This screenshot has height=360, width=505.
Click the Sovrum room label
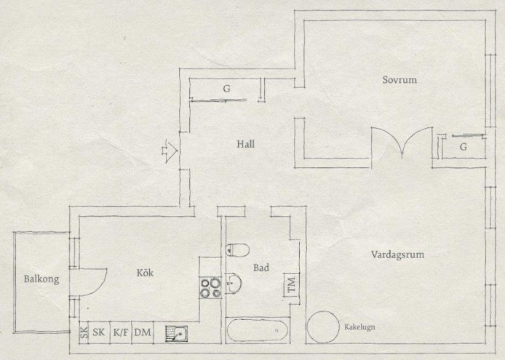(x=399, y=79)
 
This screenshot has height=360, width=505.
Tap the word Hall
(x=246, y=144)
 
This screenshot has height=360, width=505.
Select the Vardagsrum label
(x=397, y=255)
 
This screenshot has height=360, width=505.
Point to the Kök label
(x=145, y=273)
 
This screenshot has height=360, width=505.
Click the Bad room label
(x=261, y=268)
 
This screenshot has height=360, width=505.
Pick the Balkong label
(x=41, y=279)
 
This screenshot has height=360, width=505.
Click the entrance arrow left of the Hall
(x=170, y=151)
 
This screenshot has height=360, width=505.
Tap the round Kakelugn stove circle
(x=323, y=327)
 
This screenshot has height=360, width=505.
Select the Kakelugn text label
(x=359, y=327)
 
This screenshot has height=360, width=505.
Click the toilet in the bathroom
(x=237, y=250)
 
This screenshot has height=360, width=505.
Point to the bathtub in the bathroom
(x=258, y=330)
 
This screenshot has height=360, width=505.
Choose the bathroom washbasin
(x=233, y=284)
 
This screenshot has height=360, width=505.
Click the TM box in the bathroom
(x=292, y=284)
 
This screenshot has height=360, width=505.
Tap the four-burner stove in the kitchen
(x=210, y=287)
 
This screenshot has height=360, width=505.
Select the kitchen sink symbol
(x=177, y=333)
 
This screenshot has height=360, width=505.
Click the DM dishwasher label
(x=143, y=332)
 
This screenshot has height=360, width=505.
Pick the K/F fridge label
(x=121, y=332)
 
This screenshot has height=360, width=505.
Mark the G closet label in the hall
(x=227, y=89)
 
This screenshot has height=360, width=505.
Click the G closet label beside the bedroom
(x=464, y=147)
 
